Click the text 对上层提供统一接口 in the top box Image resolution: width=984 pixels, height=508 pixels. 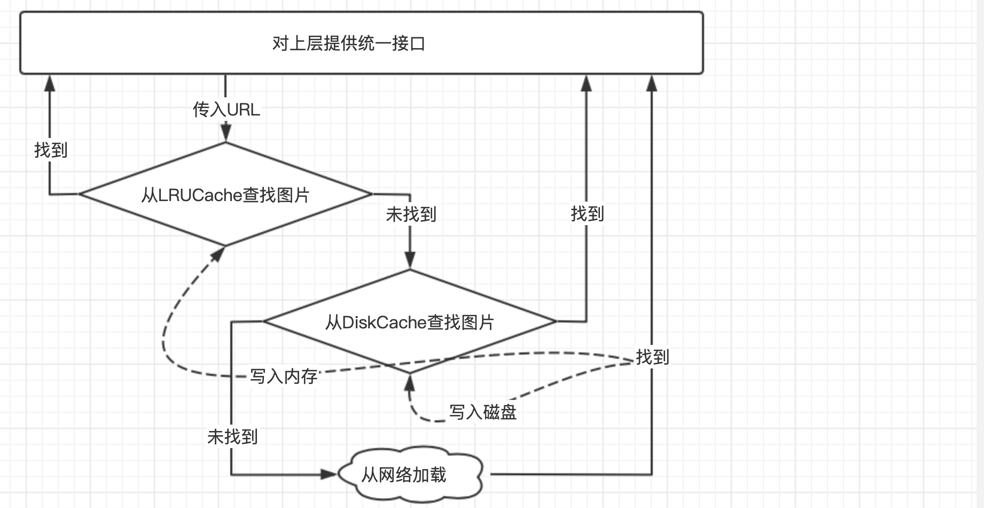[x=348, y=43]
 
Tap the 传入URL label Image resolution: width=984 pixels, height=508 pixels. [x=226, y=110]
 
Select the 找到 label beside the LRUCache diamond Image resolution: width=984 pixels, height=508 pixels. [x=51, y=150]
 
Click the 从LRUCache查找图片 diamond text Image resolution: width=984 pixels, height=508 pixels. [x=225, y=195]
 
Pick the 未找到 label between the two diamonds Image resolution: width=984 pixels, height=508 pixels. [x=411, y=214]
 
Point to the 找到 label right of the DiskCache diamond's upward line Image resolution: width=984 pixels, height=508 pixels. [x=587, y=214]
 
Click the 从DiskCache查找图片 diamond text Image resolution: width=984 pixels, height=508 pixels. [x=410, y=322]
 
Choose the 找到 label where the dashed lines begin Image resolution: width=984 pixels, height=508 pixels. [x=652, y=357]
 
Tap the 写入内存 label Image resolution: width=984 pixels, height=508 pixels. [x=284, y=376]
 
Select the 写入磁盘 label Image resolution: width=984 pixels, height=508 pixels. [x=482, y=412]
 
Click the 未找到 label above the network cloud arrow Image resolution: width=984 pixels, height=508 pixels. [x=232, y=437]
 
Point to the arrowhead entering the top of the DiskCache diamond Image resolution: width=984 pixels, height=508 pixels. [x=410, y=260]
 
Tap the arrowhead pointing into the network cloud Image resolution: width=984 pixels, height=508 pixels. [x=329, y=474]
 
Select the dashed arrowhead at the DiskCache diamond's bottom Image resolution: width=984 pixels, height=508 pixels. [x=410, y=382]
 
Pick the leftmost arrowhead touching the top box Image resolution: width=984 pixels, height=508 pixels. [x=50, y=82]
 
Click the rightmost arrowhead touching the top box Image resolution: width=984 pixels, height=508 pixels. [x=652, y=82]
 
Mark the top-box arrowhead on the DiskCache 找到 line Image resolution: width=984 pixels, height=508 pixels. [x=587, y=82]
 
